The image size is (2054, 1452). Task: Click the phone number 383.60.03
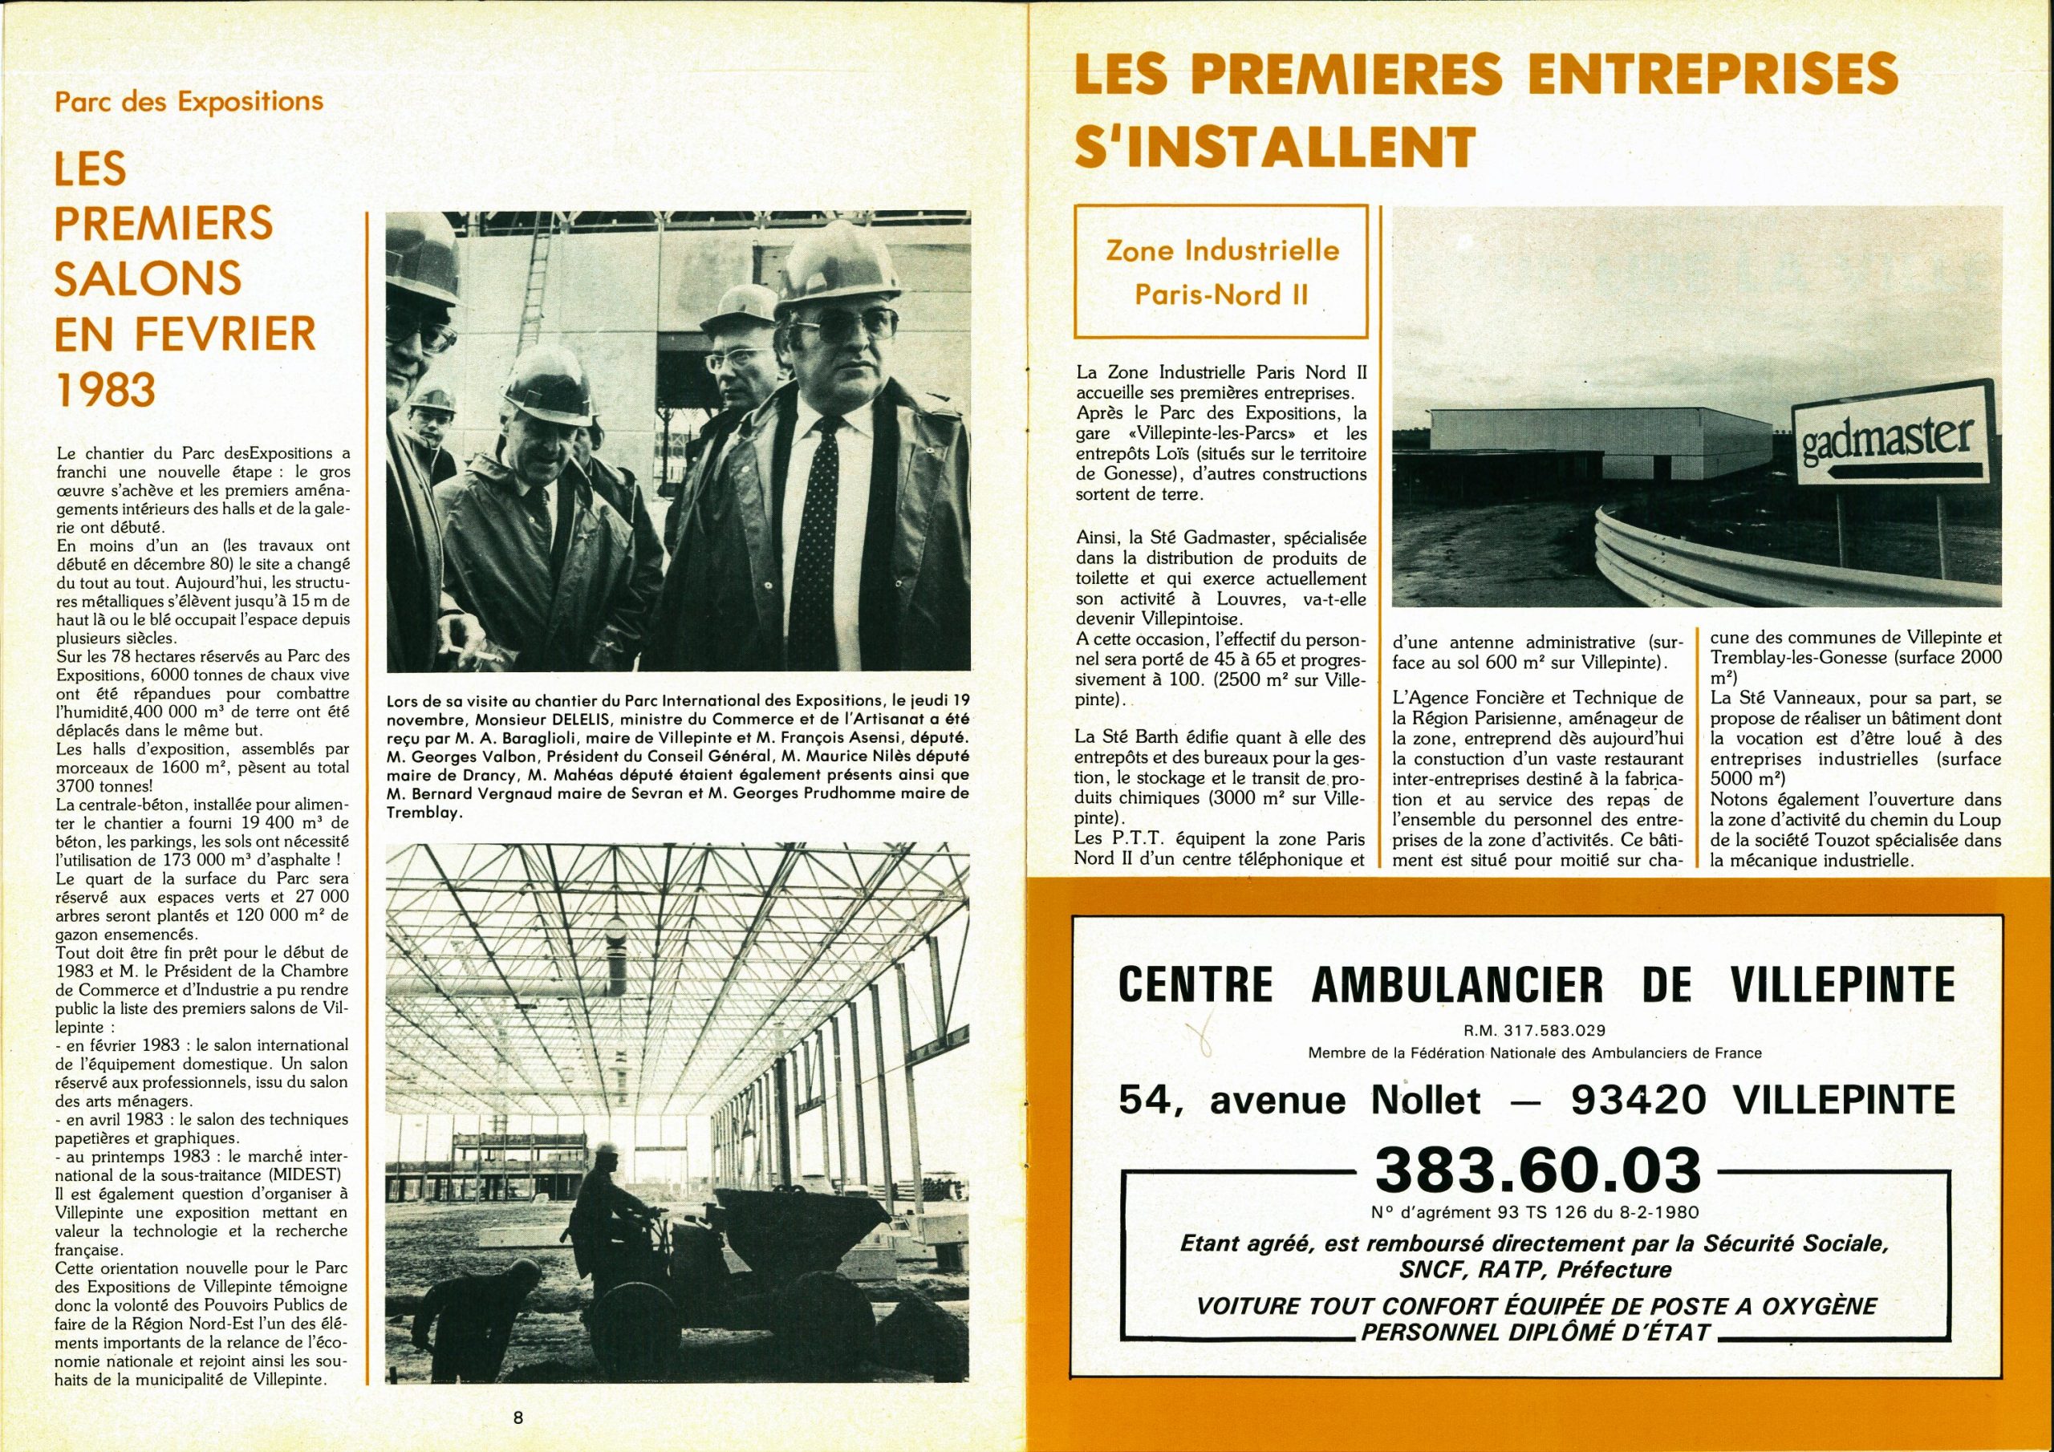coord(1536,1170)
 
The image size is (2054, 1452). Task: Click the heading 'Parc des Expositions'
coord(189,101)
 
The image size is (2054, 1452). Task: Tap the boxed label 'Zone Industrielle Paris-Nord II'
coord(1222,271)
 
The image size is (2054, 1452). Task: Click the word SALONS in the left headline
coord(148,278)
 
